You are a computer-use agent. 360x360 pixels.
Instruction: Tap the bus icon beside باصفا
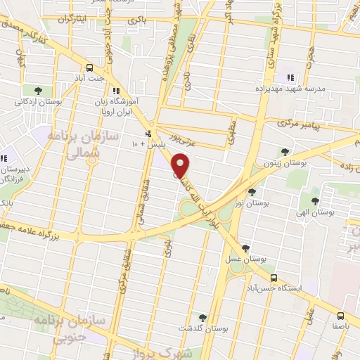coord(340,316)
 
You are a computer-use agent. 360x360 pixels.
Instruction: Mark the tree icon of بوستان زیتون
coord(284,151)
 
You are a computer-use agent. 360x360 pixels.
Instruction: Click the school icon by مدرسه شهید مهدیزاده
coord(289,78)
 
